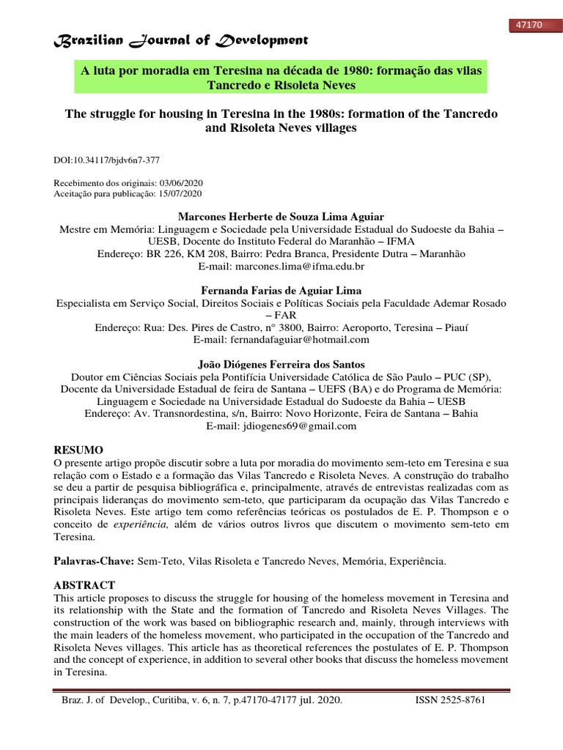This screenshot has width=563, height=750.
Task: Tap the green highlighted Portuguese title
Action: coord(281,78)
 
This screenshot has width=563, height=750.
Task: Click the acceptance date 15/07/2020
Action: coord(180,193)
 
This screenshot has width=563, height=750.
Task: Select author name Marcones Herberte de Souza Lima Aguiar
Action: coord(281,217)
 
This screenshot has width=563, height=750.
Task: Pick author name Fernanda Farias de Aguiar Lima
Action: coord(281,291)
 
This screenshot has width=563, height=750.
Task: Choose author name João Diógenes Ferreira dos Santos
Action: coord(281,364)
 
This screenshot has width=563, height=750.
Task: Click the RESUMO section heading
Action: coord(80,450)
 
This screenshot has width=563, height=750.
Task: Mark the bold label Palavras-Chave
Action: coord(94,560)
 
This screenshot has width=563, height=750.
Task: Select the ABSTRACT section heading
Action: coord(85,584)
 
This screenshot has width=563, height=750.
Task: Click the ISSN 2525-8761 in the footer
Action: coord(450,700)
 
